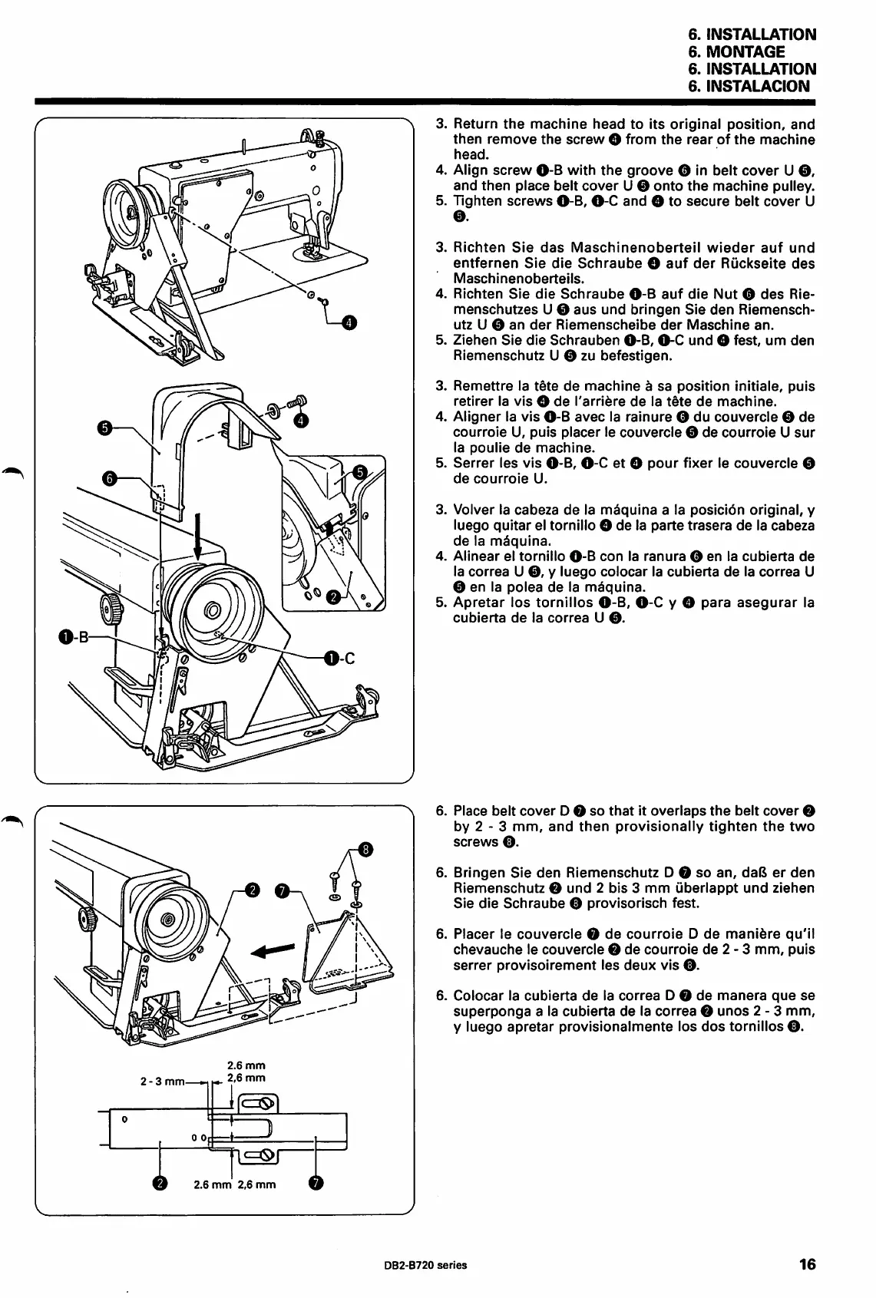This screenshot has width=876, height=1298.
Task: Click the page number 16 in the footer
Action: pos(806,1264)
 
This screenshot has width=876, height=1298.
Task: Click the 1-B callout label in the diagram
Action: pos(74,636)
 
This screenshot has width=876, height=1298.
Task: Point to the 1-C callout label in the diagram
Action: pos(339,657)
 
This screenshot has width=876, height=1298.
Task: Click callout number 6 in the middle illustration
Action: pos(109,479)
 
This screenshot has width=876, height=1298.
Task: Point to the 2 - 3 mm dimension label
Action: pos(160,1082)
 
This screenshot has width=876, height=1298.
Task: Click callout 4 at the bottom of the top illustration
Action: pos(348,323)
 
